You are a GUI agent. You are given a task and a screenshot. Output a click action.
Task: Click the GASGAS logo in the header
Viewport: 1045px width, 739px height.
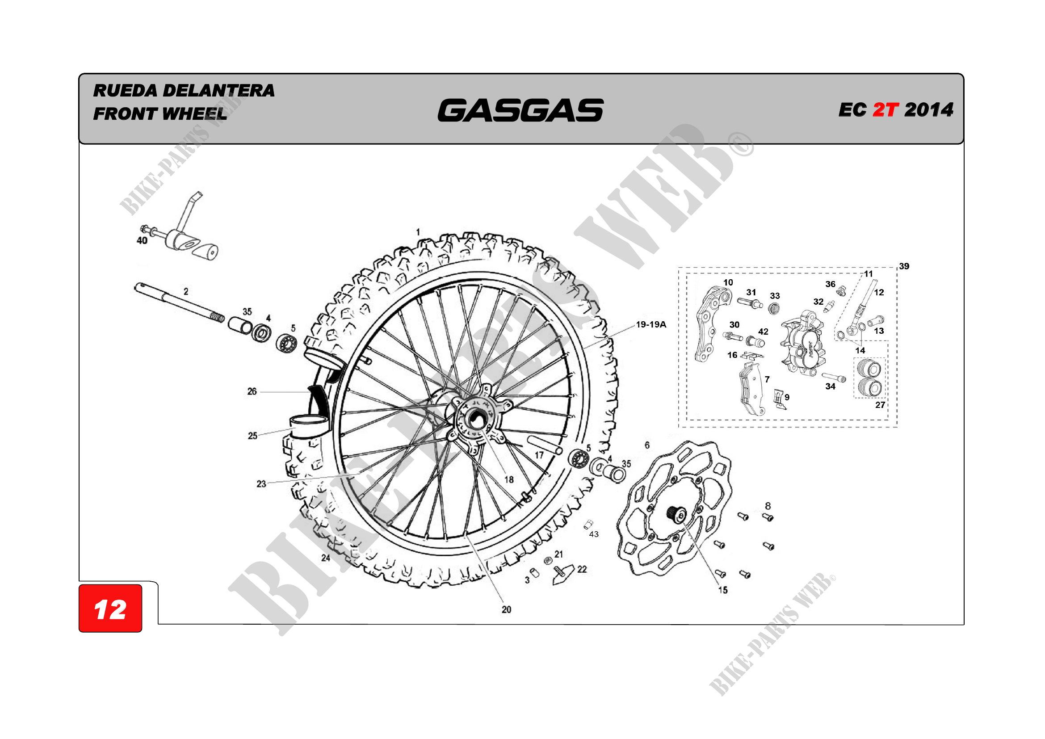pyautogui.click(x=520, y=110)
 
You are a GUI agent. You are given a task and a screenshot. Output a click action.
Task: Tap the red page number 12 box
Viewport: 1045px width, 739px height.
pyautogui.click(x=110, y=609)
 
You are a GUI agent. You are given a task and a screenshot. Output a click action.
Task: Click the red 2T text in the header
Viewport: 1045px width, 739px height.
pyautogui.click(x=885, y=109)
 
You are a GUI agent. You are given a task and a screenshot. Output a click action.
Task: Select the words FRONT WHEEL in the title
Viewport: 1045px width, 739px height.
pyautogui.click(x=160, y=114)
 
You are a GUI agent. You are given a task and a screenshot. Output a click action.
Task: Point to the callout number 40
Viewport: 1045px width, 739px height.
pyautogui.click(x=142, y=241)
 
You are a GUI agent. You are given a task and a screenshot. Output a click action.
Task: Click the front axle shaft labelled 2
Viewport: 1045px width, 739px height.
pyautogui.click(x=179, y=302)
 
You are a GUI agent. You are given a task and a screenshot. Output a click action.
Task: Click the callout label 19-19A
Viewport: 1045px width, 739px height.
pyautogui.click(x=651, y=324)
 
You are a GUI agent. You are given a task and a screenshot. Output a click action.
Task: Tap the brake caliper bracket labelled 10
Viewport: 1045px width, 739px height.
pyautogui.click(x=713, y=323)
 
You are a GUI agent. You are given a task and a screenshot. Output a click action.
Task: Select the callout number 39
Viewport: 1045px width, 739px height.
pyautogui.click(x=904, y=266)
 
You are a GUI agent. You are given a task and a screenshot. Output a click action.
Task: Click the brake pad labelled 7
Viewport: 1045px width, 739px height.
pyautogui.click(x=751, y=388)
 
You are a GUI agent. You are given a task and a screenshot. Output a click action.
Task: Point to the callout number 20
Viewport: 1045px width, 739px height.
pyautogui.click(x=506, y=610)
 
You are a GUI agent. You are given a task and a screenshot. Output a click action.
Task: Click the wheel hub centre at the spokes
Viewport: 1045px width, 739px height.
pyautogui.click(x=476, y=418)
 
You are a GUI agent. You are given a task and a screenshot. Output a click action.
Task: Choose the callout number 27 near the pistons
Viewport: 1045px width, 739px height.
pyautogui.click(x=880, y=405)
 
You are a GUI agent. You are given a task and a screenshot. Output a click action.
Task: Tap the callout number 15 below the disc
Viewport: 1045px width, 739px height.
pyautogui.click(x=723, y=590)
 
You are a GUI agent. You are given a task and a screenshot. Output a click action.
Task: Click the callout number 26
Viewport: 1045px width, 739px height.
pyautogui.click(x=252, y=391)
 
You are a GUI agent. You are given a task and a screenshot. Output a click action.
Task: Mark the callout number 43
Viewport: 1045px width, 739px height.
pyautogui.click(x=594, y=534)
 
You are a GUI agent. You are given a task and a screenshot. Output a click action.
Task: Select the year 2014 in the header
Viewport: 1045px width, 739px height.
pyautogui.click(x=929, y=109)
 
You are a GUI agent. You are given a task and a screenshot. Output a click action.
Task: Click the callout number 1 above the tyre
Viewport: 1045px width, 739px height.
pyautogui.click(x=418, y=232)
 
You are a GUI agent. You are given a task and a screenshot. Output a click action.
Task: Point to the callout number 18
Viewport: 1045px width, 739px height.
pyautogui.click(x=509, y=479)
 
